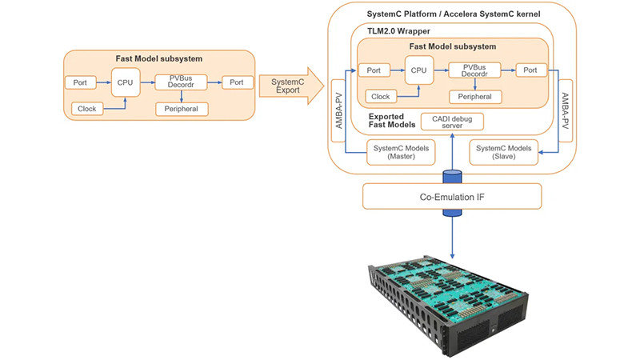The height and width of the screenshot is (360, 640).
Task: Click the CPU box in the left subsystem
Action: pyautogui.click(x=126, y=82)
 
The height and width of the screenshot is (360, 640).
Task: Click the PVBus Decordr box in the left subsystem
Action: pyautogui.click(x=181, y=82)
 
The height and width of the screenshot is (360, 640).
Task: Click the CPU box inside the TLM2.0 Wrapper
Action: pyautogui.click(x=418, y=70)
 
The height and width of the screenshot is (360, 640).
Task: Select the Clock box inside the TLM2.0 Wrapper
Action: pyautogui.click(x=380, y=97)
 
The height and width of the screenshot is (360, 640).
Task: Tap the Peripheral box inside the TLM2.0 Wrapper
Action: pyautogui.click(x=475, y=97)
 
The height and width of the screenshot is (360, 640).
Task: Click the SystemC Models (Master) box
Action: pyautogui.click(x=401, y=151)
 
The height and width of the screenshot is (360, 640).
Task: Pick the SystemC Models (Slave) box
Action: pyautogui.click(x=503, y=151)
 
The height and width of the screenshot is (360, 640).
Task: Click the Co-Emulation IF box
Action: pyautogui.click(x=452, y=196)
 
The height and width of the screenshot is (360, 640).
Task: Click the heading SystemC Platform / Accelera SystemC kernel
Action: pyautogui.click(x=452, y=15)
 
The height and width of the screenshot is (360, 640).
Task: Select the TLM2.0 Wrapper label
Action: pyautogui.click(x=391, y=30)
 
